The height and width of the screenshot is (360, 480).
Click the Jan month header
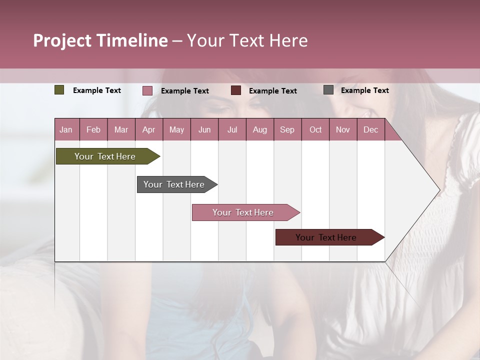[x=66, y=129]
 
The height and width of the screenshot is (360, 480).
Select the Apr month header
[x=148, y=129]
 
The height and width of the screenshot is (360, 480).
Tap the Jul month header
[x=232, y=129]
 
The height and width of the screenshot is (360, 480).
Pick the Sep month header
[x=287, y=129]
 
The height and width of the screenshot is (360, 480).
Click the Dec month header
[x=370, y=129]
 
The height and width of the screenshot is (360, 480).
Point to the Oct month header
[x=315, y=129]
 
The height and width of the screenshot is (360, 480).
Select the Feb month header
[x=93, y=129]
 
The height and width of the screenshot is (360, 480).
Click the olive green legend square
[x=59, y=90]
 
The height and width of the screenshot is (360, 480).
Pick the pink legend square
[x=147, y=90]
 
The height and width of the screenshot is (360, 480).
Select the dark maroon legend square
[x=236, y=90]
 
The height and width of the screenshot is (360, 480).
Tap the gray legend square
[x=328, y=90]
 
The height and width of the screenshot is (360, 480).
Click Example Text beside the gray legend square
[x=364, y=90]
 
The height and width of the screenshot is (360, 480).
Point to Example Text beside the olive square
[x=97, y=90]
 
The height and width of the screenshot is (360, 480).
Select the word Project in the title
[x=62, y=40]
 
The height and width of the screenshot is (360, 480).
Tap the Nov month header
[x=343, y=129]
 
